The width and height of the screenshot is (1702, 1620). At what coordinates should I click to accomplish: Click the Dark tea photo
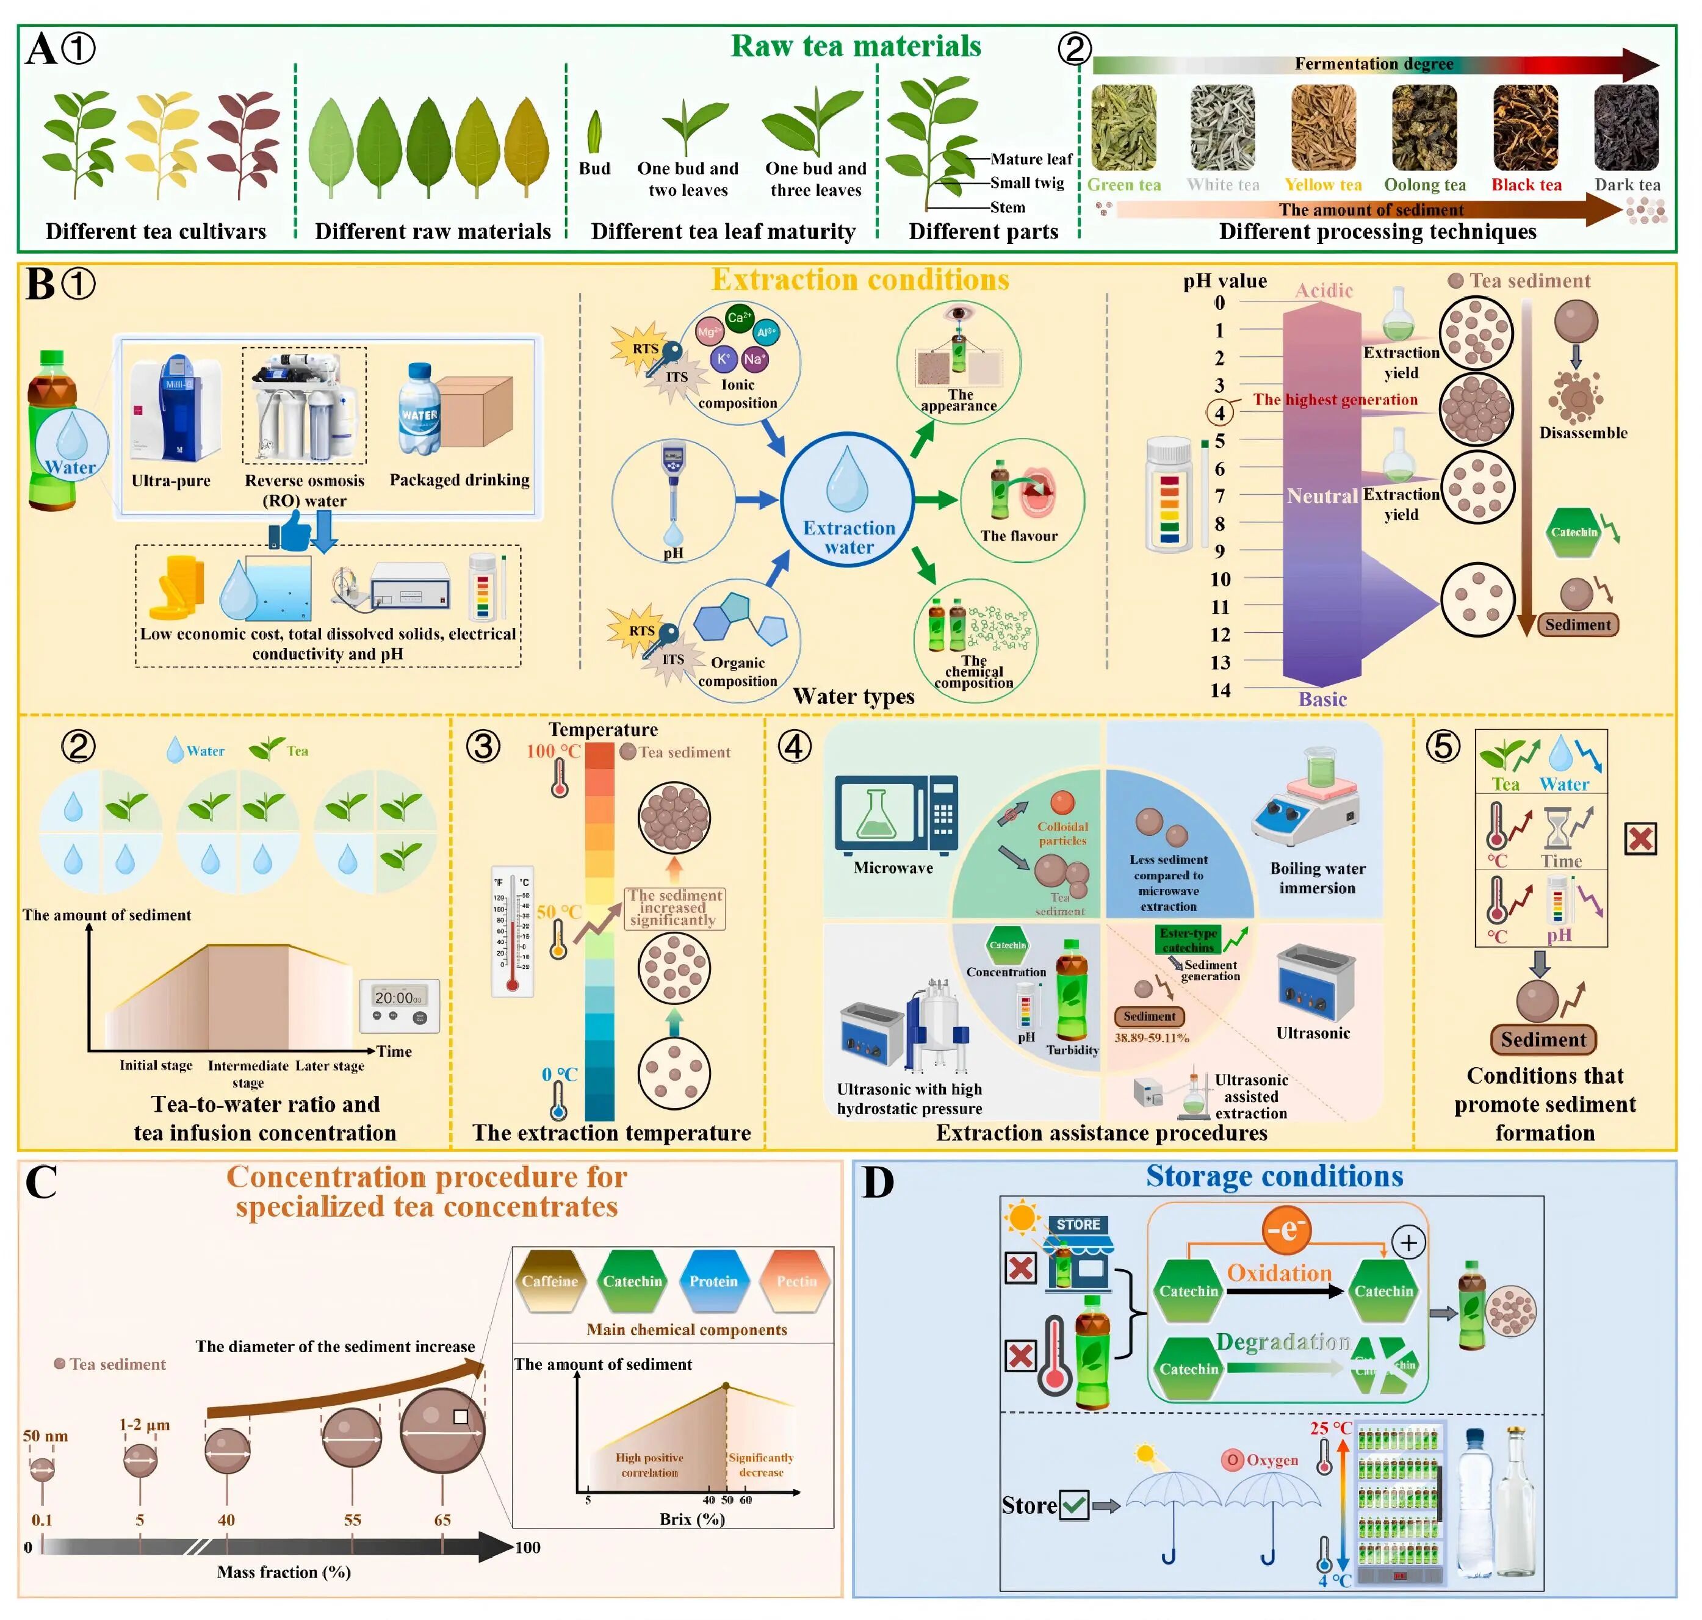pyautogui.click(x=1626, y=128)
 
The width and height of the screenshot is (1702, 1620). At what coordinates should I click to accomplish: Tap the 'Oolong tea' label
pyautogui.click(x=1425, y=185)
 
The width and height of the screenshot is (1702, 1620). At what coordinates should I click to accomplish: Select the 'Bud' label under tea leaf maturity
pyautogui.click(x=594, y=168)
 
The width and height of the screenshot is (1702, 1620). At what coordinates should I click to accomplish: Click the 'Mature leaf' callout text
pyautogui.click(x=1031, y=159)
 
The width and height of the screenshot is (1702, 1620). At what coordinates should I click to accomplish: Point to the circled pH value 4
pyautogui.click(x=1219, y=412)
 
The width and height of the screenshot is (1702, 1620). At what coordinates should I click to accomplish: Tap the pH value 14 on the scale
pyautogui.click(x=1219, y=690)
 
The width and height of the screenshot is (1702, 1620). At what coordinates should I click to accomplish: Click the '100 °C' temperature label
pyautogui.click(x=553, y=751)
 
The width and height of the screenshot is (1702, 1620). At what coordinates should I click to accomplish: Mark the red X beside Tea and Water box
pyautogui.click(x=1640, y=838)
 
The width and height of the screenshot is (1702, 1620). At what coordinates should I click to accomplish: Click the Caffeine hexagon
pyautogui.click(x=549, y=1281)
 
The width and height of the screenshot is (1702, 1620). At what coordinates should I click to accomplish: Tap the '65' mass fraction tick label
pyautogui.click(x=442, y=1520)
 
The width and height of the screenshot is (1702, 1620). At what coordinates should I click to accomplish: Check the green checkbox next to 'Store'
pyautogui.click(x=1073, y=1506)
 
